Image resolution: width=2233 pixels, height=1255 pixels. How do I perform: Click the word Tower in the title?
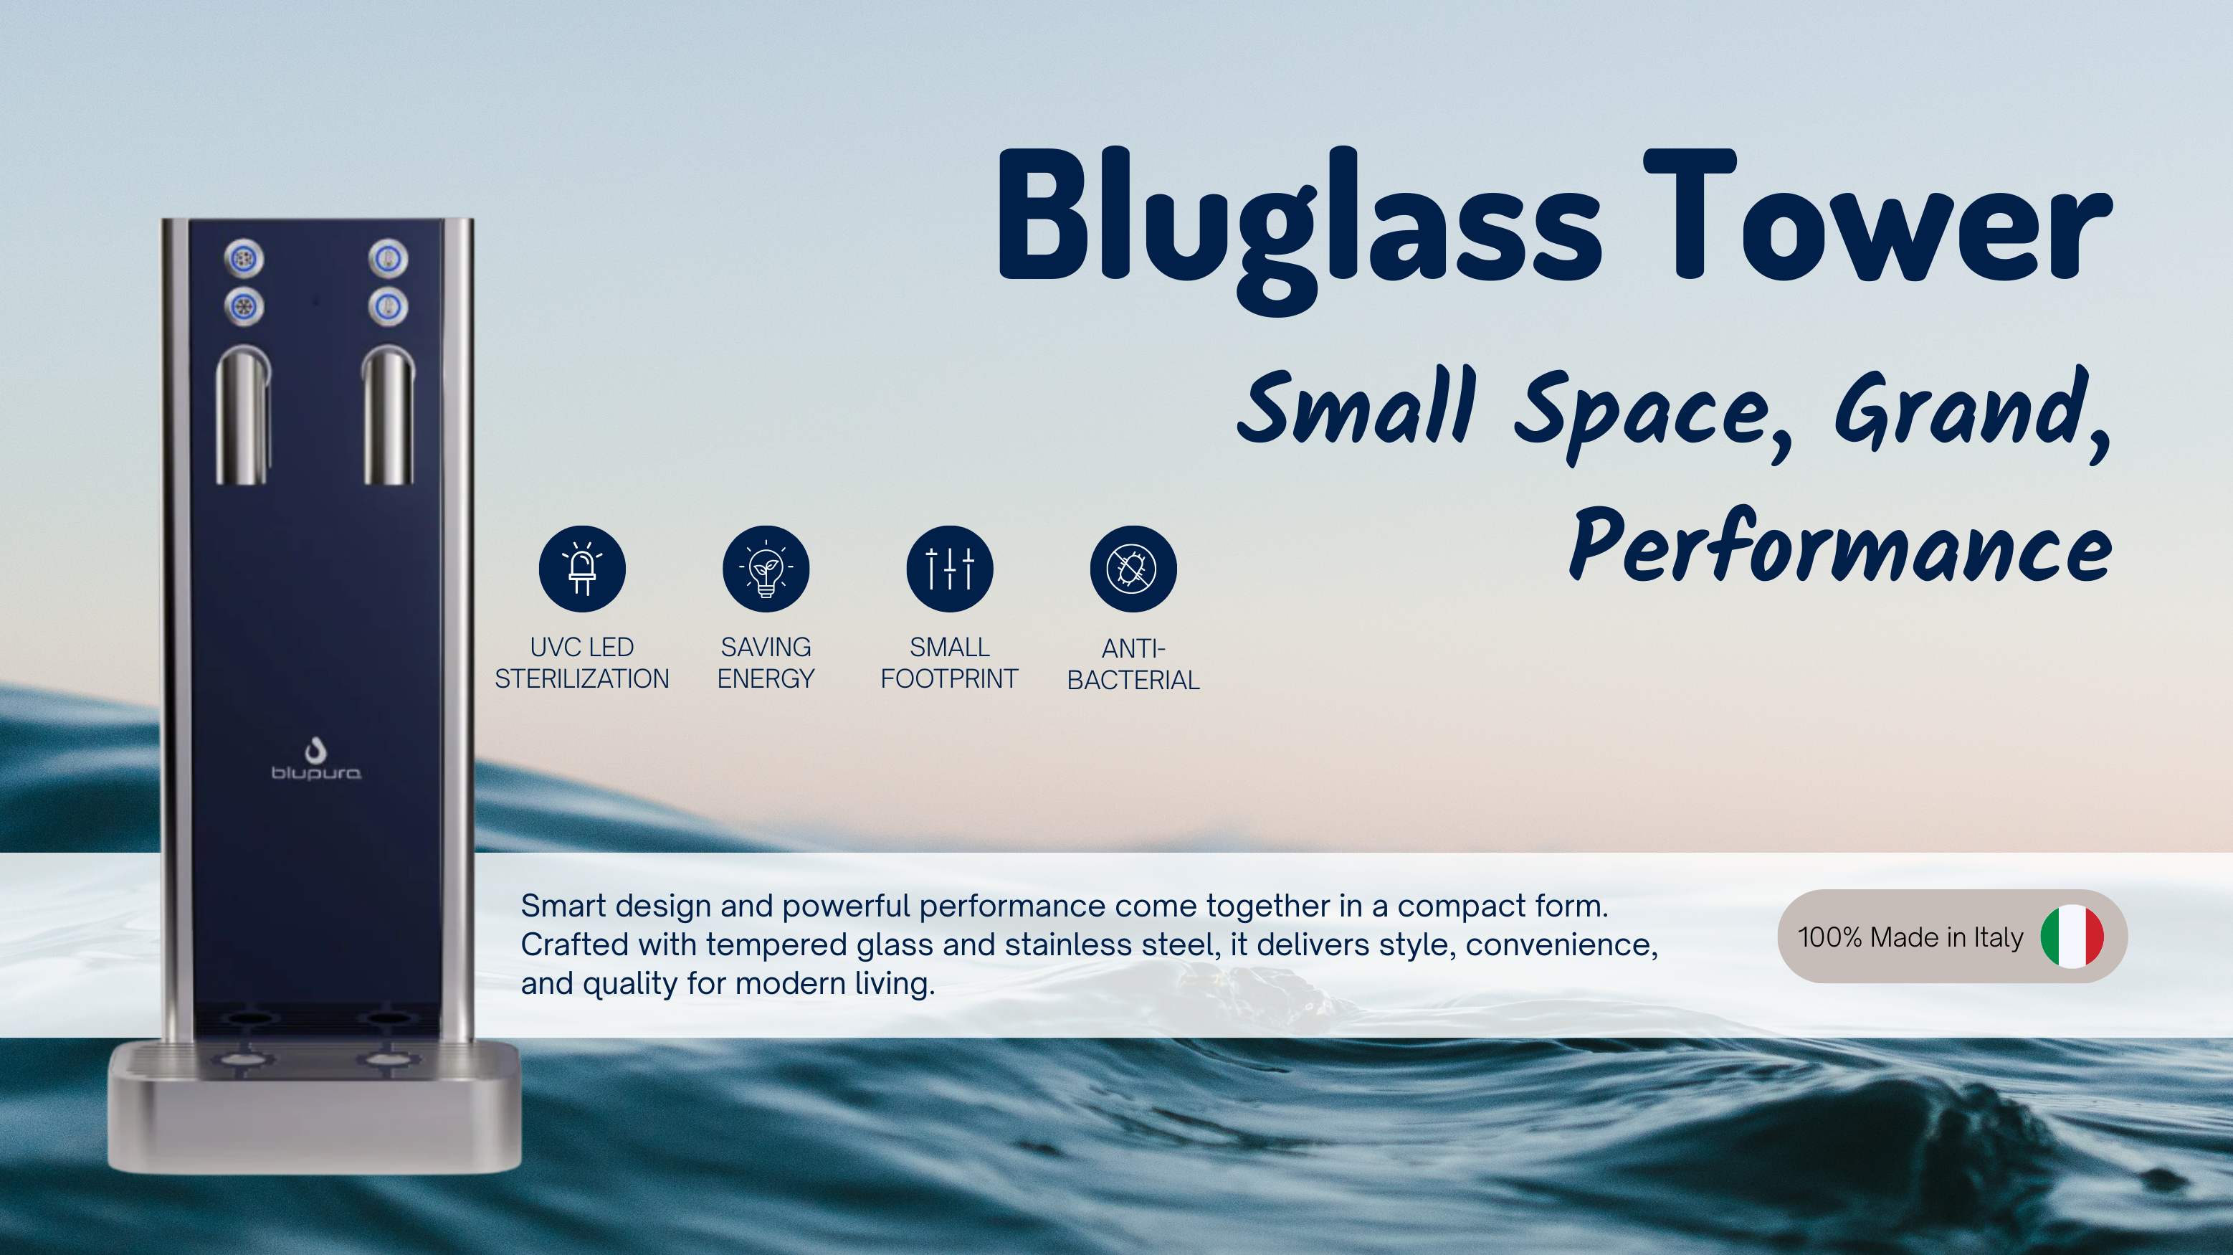pos(1877,216)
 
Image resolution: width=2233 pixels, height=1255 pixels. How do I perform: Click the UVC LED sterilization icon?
pos(581,569)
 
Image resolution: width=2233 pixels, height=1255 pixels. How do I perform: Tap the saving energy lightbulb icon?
pos(766,569)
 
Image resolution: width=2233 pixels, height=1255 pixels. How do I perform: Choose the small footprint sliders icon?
pos(949,569)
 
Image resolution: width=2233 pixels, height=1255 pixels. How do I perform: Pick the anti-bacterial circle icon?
pos(1133,569)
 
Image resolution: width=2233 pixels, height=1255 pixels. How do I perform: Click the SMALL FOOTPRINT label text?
pos(949,663)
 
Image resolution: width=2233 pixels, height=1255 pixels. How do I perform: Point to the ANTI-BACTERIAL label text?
pos(1133,664)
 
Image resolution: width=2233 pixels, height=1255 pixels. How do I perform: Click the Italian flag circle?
pos(2072,937)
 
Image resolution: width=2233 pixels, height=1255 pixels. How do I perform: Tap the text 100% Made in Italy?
pos(1910,937)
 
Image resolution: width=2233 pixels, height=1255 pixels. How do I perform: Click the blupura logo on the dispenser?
pos(315,759)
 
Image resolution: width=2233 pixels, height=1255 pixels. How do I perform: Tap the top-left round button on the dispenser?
pos(244,257)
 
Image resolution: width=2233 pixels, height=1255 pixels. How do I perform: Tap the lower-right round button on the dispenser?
pos(388,306)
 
